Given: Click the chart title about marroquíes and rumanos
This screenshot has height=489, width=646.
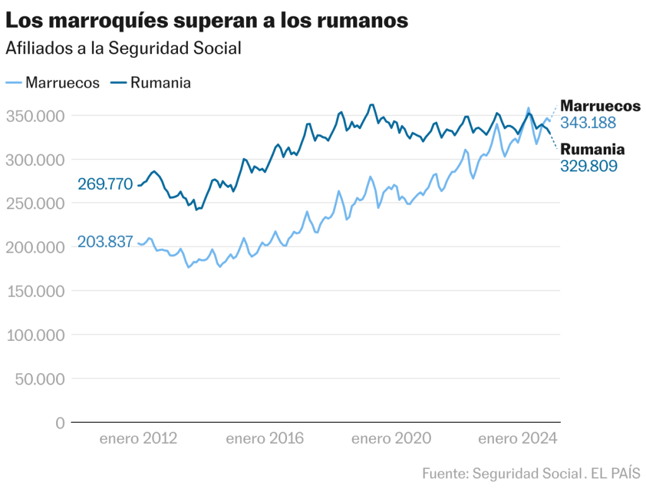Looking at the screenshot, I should click(207, 20).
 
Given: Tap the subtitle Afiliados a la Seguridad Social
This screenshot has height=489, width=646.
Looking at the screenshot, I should click(124, 49).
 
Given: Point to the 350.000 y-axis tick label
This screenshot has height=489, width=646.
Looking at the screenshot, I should click(36, 116).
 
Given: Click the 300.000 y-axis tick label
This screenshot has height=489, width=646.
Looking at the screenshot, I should click(36, 160).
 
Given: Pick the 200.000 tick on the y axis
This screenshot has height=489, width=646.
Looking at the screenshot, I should click(36, 248).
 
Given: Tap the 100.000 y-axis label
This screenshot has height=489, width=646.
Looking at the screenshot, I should click(36, 335).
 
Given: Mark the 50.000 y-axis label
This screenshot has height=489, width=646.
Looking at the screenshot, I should click(40, 379).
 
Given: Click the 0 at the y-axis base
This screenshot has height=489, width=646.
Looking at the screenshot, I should click(60, 423).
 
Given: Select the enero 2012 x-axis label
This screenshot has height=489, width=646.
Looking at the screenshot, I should click(138, 439).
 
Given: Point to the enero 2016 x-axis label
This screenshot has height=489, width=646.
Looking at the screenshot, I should click(265, 439).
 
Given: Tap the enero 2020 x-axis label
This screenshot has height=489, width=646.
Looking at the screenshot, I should click(391, 439).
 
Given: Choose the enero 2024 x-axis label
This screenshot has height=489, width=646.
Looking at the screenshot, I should click(518, 439).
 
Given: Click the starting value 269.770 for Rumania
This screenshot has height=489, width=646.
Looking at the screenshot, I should click(105, 185).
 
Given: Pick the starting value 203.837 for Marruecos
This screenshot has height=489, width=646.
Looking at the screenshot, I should click(105, 241).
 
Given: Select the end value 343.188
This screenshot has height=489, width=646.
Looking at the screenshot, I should click(588, 123).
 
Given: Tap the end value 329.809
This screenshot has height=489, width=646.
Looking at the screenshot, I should click(589, 166).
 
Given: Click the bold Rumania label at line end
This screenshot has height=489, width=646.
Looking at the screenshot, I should click(592, 150).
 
